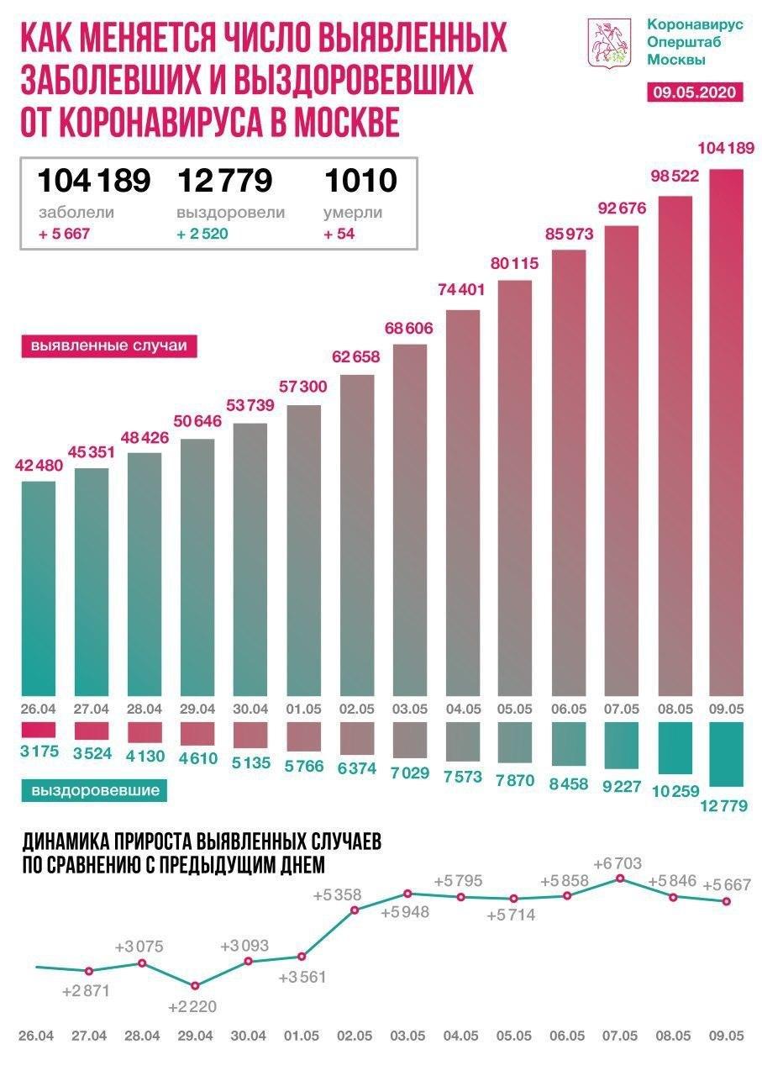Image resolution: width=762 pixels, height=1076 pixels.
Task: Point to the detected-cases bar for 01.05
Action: tap(303, 546)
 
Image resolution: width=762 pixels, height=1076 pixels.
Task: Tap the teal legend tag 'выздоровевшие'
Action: tap(95, 790)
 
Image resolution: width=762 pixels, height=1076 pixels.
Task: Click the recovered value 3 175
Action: tap(37, 751)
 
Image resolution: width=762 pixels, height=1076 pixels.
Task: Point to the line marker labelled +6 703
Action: tap(620, 878)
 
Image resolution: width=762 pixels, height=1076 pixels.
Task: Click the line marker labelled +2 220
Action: tap(195, 985)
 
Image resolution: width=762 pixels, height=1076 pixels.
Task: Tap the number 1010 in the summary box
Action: tap(359, 180)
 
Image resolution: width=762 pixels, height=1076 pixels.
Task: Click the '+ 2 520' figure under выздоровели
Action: tap(202, 234)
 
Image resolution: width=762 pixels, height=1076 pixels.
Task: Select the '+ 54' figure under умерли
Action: tap(339, 234)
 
